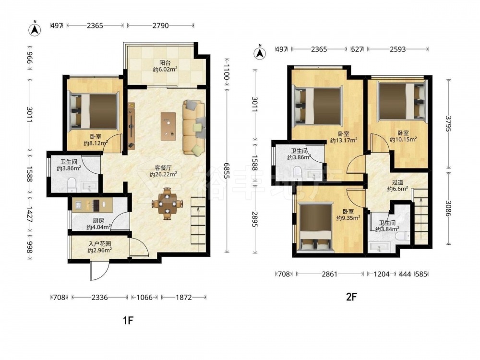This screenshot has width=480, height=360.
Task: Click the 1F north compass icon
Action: pyautogui.click(x=35, y=29)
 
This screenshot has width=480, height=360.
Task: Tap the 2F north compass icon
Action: pyautogui.click(x=260, y=53)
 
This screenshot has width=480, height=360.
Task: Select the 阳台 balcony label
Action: pyautogui.click(x=165, y=63)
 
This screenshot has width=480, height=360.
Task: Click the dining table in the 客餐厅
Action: pyautogui.click(x=167, y=203)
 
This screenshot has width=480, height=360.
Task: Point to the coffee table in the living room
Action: pyautogui.click(x=168, y=126)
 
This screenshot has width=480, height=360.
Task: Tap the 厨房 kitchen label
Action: pyautogui.click(x=98, y=220)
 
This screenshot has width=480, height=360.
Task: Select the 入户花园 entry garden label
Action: pyautogui.click(x=99, y=244)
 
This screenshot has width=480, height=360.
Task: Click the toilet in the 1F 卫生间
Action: pyautogui.click(x=72, y=185)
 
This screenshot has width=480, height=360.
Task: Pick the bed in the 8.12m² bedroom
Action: pyautogui.click(x=93, y=110)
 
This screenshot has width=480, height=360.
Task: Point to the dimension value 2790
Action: pyautogui.click(x=160, y=26)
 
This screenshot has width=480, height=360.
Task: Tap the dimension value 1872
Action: pyautogui.click(x=183, y=297)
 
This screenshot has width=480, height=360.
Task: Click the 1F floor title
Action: pyautogui.click(x=128, y=321)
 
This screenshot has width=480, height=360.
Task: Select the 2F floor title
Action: pyautogui.click(x=352, y=297)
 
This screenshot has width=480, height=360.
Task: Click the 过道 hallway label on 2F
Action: pyautogui.click(x=397, y=182)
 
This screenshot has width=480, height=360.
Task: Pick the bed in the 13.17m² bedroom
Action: pyautogui.click(x=317, y=106)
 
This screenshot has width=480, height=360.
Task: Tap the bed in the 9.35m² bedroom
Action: pyautogui.click(x=316, y=227)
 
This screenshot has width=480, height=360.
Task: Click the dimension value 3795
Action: pyautogui.click(x=448, y=124)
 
